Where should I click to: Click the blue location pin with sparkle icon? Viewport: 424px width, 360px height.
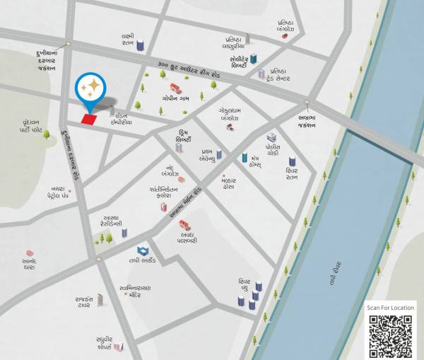pyautogui.click(x=90, y=89)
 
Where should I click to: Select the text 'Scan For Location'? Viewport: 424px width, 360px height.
pyautogui.click(x=390, y=308)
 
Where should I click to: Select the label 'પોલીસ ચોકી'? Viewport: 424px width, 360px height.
pyautogui.click(x=272, y=151)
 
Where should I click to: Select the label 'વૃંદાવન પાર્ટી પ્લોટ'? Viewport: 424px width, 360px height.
pyautogui.click(x=31, y=126)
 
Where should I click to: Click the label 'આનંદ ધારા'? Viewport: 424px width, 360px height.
pyautogui.click(x=30, y=265)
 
